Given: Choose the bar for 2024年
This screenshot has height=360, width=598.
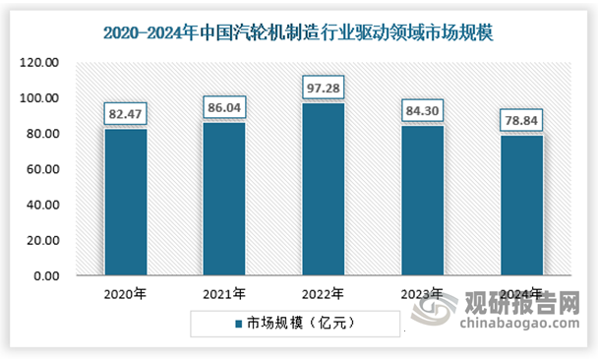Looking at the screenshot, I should (x=521, y=206).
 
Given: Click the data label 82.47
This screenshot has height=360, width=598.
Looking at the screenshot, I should (x=126, y=116).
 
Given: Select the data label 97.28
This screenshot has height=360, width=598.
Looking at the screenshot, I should (x=323, y=90).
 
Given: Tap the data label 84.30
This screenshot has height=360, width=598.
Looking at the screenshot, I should (x=422, y=113).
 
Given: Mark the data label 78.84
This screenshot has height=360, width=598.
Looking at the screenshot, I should (x=521, y=123).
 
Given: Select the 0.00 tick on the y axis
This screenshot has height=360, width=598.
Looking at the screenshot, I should (x=50, y=276).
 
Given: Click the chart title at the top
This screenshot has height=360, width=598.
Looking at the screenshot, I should (x=299, y=32).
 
